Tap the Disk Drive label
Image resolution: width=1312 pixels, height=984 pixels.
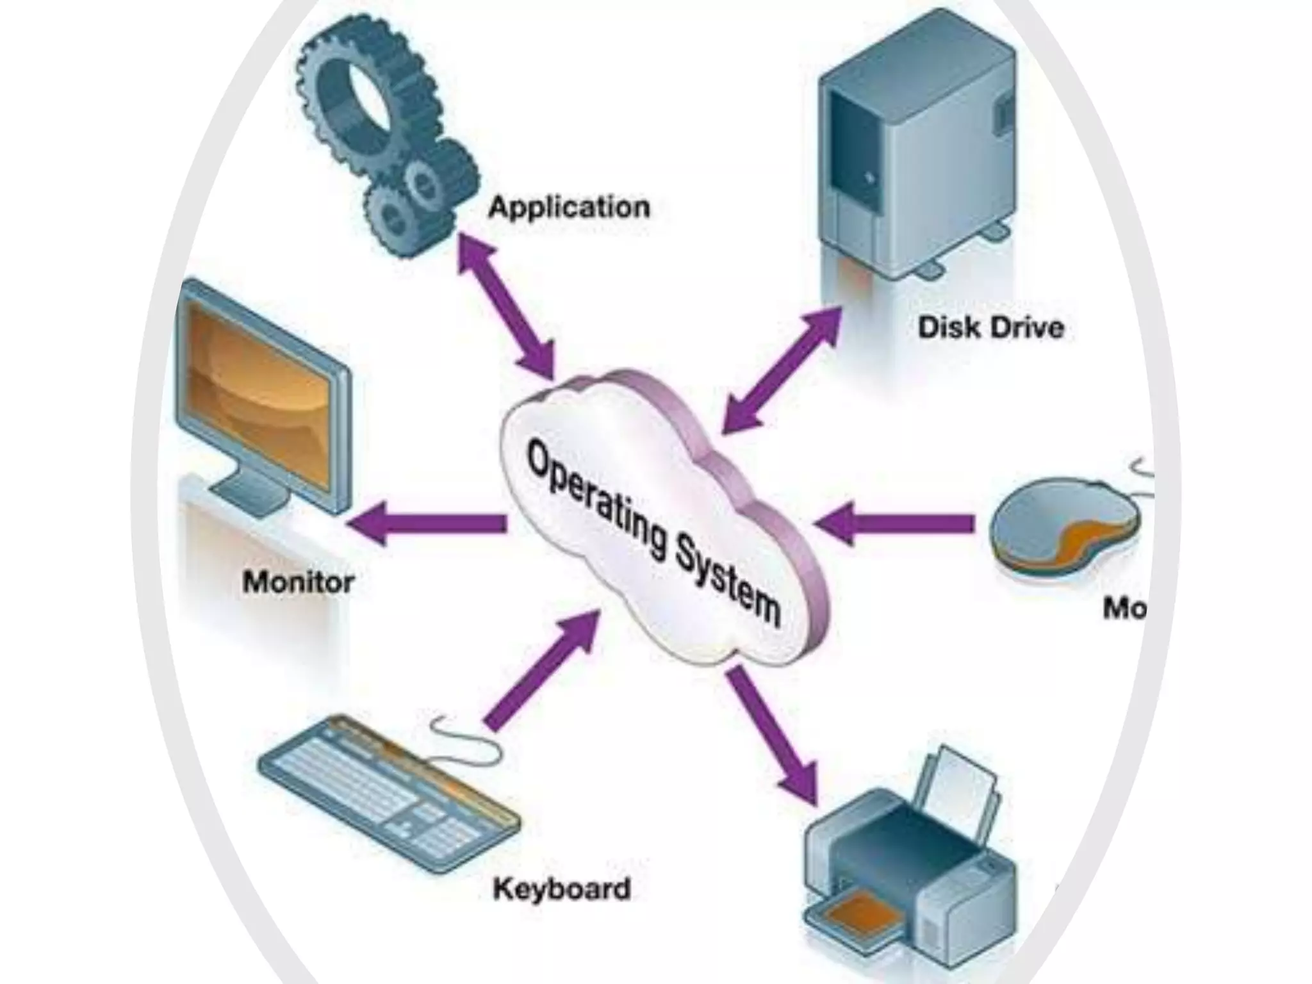pyautogui.click(x=990, y=327)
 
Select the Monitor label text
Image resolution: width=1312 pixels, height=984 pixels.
pyautogui.click(x=299, y=582)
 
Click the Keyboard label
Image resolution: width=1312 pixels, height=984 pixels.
pyautogui.click(x=561, y=889)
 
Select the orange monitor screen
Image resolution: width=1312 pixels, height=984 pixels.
pyautogui.click(x=259, y=391)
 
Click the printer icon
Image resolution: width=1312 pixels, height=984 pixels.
pyautogui.click(x=910, y=878)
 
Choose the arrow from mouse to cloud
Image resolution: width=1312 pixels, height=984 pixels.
pyautogui.click(x=897, y=523)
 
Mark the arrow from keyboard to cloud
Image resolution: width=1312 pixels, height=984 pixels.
pyautogui.click(x=542, y=670)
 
